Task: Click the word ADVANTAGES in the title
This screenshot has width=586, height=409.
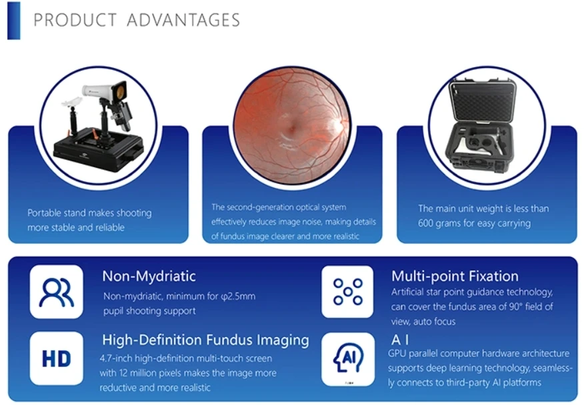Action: (x=183, y=20)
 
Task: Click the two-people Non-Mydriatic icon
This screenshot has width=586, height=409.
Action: (x=57, y=292)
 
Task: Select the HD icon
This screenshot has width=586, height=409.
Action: (x=57, y=358)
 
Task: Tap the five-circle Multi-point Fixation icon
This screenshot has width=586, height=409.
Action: (x=347, y=292)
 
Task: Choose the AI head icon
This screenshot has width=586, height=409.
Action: (x=347, y=358)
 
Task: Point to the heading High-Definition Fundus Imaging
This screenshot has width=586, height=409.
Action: (x=205, y=340)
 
